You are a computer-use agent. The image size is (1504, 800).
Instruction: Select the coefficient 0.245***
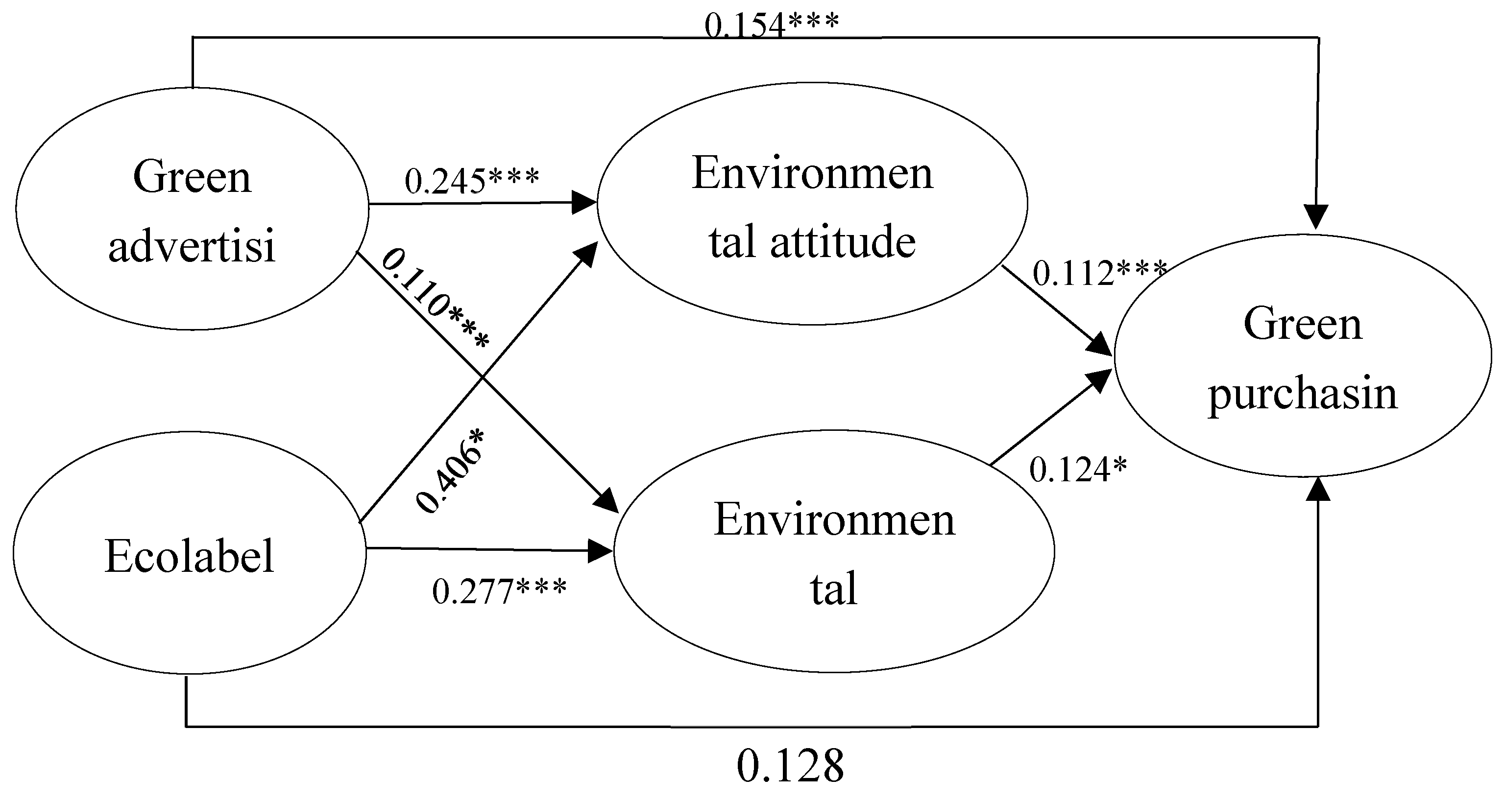tap(472, 180)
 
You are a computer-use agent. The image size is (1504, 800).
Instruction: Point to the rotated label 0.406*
tap(450, 471)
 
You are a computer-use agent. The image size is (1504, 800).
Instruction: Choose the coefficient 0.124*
tap(1078, 470)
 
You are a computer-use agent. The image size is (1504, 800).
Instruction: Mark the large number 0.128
tap(790, 766)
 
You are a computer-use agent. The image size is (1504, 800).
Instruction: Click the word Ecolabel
tap(189, 556)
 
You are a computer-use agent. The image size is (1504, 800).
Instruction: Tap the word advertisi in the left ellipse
tap(192, 246)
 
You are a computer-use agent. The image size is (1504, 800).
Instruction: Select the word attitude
tap(843, 241)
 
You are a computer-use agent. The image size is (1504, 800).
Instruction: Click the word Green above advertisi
tap(192, 177)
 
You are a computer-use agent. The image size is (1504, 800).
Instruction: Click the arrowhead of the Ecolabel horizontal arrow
tap(601, 550)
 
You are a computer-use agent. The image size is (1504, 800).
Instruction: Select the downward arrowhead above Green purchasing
tap(1316, 217)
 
